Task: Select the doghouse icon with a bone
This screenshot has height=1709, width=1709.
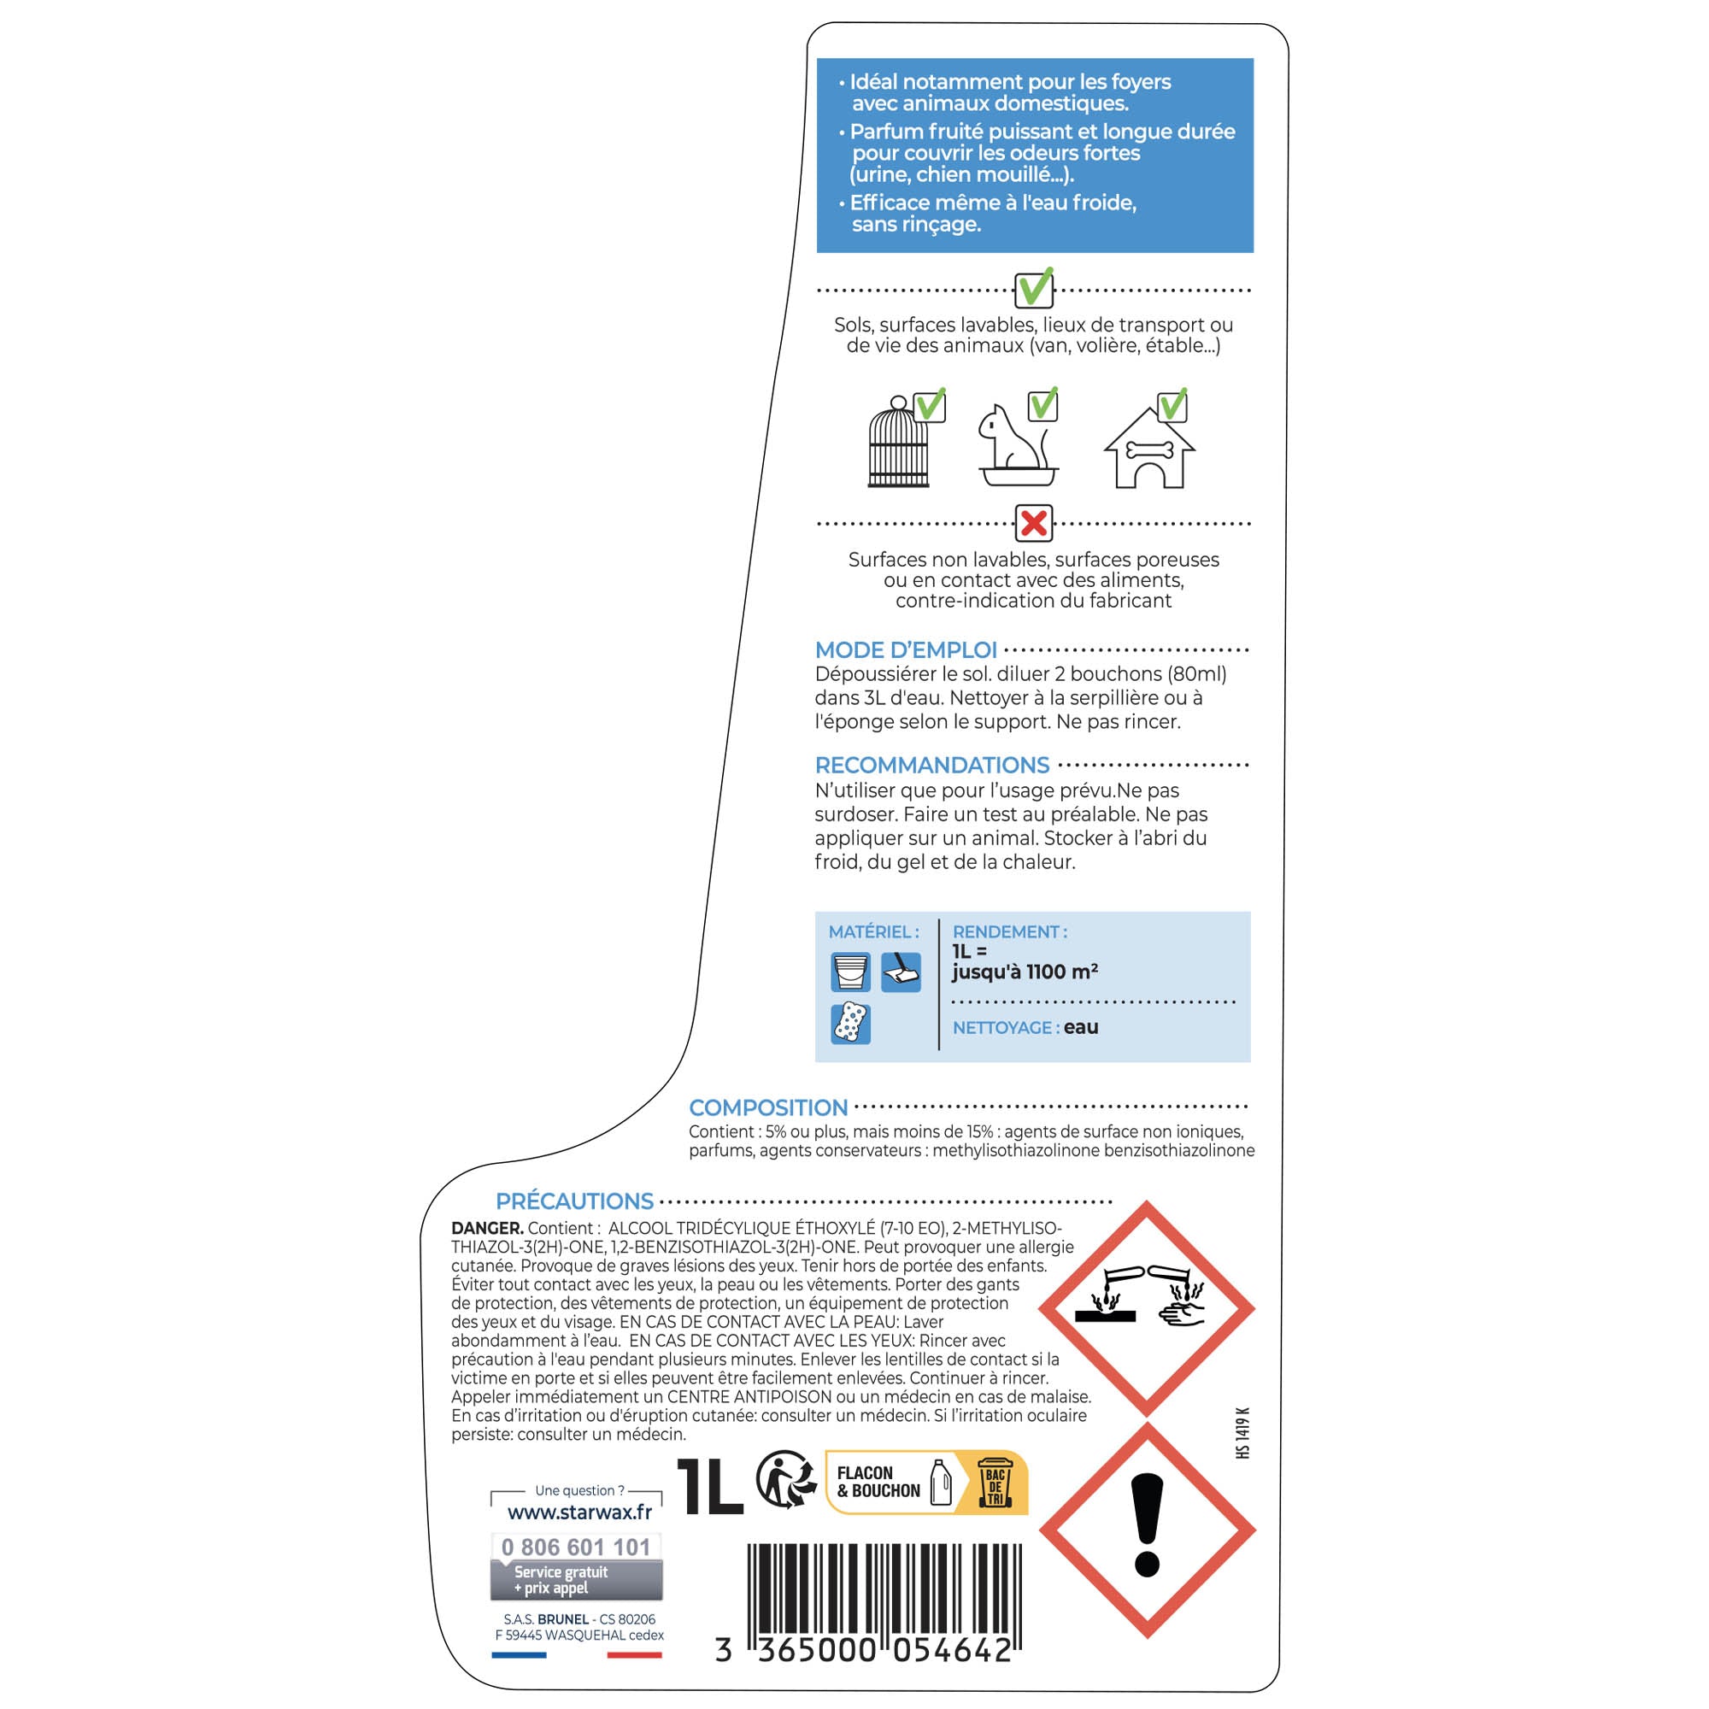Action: (1149, 449)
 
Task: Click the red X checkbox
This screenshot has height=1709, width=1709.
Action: (1033, 524)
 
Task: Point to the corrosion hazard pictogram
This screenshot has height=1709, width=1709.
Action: (1147, 1308)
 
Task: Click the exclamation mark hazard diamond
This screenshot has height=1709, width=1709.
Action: (1148, 1530)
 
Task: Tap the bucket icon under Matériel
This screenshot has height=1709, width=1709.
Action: (851, 973)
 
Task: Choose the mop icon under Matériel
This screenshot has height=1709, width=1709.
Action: (901, 973)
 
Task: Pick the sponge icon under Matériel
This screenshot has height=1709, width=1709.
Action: (851, 1024)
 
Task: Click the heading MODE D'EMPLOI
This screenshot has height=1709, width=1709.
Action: (906, 650)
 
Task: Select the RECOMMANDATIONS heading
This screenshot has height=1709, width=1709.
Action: (931, 765)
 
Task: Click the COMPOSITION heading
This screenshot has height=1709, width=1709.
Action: (768, 1107)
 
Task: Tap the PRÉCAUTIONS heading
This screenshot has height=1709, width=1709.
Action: (574, 1201)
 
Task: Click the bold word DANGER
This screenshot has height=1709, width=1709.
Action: (487, 1229)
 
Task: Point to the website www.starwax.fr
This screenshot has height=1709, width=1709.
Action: (579, 1512)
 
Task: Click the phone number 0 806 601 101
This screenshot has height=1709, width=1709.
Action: (576, 1547)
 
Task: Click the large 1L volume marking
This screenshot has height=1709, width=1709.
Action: (709, 1486)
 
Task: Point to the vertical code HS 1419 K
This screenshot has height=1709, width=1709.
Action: (1242, 1433)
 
